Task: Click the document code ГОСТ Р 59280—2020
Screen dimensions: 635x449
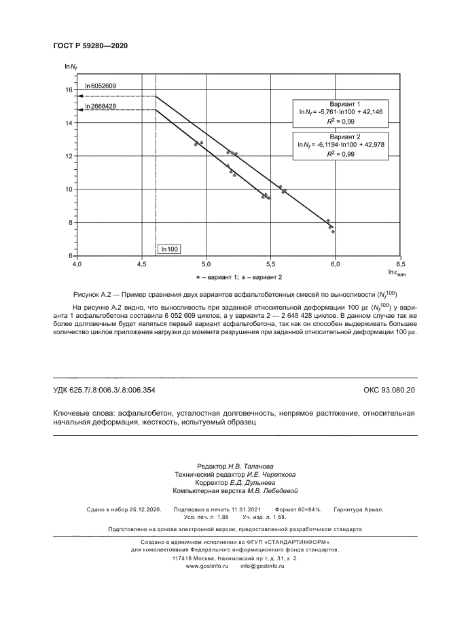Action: tap(90, 46)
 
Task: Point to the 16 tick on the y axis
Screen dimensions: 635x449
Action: tap(69, 90)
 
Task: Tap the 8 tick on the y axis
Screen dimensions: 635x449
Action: tap(70, 222)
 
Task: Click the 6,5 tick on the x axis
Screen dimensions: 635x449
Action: tap(400, 264)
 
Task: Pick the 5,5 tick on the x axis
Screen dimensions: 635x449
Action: tap(270, 264)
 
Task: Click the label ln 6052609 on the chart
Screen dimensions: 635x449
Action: tap(101, 86)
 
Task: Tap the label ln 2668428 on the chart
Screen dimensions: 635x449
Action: tap(101, 107)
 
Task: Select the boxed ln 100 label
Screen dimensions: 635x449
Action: tap(170, 249)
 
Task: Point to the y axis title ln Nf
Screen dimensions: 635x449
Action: tap(69, 66)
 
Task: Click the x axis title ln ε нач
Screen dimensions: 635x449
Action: tap(397, 273)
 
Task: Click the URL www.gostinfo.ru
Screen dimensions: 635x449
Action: tap(206, 566)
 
